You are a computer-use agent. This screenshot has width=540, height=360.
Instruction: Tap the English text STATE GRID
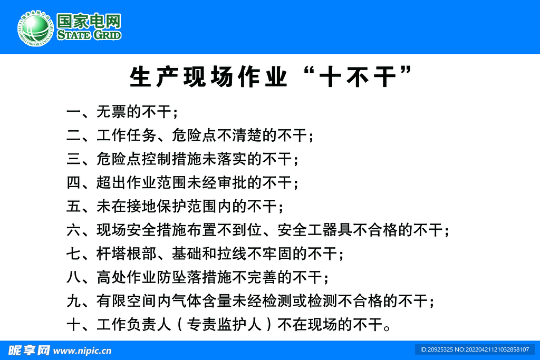pyautogui.click(x=89, y=35)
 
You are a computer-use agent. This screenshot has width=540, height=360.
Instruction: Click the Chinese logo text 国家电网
pyautogui.click(x=89, y=21)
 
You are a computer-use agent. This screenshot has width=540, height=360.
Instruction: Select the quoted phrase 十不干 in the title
pyautogui.click(x=358, y=77)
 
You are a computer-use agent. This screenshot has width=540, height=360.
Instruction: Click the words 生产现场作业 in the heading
pyautogui.click(x=208, y=77)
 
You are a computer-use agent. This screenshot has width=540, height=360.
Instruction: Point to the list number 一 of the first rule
pyautogui.click(x=74, y=112)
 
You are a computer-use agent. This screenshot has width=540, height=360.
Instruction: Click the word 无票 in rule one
pyautogui.click(x=111, y=112)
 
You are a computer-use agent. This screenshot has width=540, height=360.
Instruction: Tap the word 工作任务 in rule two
pyautogui.click(x=127, y=135)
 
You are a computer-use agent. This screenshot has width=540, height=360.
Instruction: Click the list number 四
pyautogui.click(x=74, y=182)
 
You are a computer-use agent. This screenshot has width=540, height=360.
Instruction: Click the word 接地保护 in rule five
pyautogui.click(x=156, y=206)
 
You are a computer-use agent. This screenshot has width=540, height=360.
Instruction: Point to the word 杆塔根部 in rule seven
pyautogui.click(x=127, y=254)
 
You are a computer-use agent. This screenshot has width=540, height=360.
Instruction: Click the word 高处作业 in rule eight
pyautogui.click(x=127, y=277)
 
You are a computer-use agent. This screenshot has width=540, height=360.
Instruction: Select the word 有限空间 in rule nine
pyautogui.click(x=127, y=301)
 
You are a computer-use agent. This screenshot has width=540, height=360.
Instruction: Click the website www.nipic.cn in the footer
pyautogui.click(x=82, y=351)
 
